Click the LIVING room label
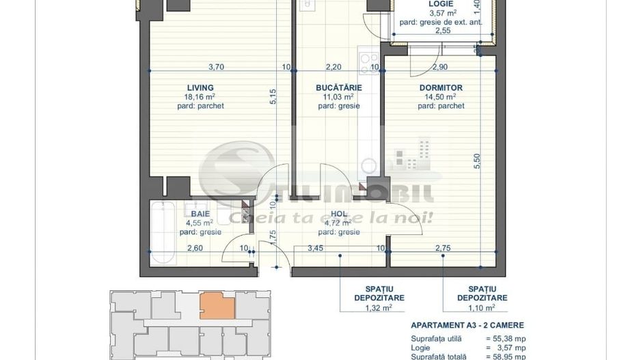pyautogui.click(x=200, y=87)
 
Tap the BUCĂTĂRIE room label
pyautogui.click(x=338, y=87)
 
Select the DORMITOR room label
pyautogui.click(x=441, y=87)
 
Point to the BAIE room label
pyautogui.click(x=200, y=214)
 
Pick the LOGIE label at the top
pyautogui.click(x=441, y=3)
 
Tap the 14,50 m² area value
pyautogui.click(x=441, y=97)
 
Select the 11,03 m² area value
pyautogui.click(x=338, y=97)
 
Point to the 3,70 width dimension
pyautogui.click(x=216, y=67)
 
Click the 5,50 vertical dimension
pyautogui.click(x=477, y=161)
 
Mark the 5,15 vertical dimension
pyautogui.click(x=273, y=96)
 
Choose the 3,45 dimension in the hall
pyautogui.click(x=315, y=247)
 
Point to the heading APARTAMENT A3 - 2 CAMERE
pyautogui.click(x=467, y=326)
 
